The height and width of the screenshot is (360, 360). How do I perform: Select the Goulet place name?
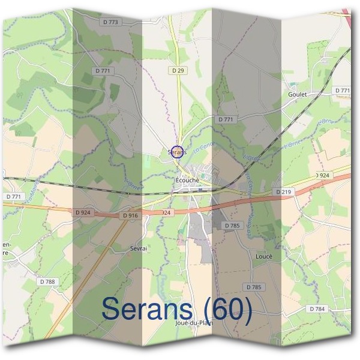297,94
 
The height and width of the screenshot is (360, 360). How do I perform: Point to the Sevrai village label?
139,247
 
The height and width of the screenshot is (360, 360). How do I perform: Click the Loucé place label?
264,256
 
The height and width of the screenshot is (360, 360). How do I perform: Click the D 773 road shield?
112,22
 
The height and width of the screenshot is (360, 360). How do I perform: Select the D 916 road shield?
130,215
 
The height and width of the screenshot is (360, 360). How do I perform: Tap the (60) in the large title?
227,309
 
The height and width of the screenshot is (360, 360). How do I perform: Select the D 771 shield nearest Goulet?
343,90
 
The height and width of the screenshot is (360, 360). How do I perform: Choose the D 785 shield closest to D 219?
232,226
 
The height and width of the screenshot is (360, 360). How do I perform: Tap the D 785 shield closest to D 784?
253,287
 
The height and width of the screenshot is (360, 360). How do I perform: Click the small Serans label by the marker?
177,153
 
